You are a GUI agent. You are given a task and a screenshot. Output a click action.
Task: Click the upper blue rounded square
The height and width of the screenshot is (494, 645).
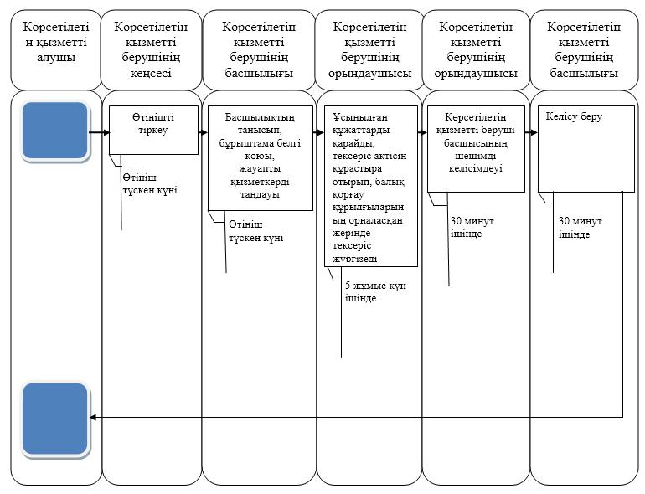55,131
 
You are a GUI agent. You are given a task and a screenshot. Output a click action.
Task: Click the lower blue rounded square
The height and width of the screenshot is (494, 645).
55,419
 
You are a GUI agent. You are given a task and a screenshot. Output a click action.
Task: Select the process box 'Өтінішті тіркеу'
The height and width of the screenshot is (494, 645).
153,130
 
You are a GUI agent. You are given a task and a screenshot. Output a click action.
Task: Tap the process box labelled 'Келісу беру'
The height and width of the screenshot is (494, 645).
586,149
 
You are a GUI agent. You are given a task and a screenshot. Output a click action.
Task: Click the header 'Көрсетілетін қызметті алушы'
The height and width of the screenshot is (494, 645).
56,42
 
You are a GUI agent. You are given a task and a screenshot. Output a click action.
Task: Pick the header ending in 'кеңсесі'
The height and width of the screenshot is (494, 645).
151,49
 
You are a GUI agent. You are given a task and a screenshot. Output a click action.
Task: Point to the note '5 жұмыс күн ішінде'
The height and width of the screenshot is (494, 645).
375,291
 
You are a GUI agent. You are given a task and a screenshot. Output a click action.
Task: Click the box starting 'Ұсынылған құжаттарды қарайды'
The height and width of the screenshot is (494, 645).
371,187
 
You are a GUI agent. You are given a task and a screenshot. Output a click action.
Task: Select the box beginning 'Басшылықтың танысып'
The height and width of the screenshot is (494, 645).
261,158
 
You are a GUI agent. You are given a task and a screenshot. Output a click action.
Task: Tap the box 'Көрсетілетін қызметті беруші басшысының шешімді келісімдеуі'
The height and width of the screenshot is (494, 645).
476,149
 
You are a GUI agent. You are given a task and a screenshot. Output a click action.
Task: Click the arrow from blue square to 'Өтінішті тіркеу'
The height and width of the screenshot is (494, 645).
99,132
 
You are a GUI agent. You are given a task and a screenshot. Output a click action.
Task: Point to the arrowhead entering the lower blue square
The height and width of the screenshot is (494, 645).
92,418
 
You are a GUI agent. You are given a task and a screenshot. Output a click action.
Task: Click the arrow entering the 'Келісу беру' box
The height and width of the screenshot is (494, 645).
531,132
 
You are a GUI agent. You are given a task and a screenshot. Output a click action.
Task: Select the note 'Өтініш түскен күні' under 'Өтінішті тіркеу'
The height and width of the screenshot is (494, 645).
150,184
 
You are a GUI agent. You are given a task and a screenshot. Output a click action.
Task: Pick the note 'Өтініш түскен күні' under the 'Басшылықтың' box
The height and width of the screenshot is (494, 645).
255,231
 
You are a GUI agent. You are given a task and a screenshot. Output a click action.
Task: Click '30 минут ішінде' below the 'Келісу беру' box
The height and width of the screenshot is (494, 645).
580,228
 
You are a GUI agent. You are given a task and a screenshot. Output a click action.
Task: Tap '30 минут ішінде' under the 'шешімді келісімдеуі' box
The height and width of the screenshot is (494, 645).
472,227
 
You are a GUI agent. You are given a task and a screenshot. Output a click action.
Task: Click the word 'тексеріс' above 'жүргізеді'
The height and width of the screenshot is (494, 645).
352,245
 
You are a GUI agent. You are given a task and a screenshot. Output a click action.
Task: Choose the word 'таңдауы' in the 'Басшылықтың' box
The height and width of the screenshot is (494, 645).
260,194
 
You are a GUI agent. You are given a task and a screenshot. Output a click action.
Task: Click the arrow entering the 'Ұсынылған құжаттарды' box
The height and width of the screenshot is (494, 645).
319,132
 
